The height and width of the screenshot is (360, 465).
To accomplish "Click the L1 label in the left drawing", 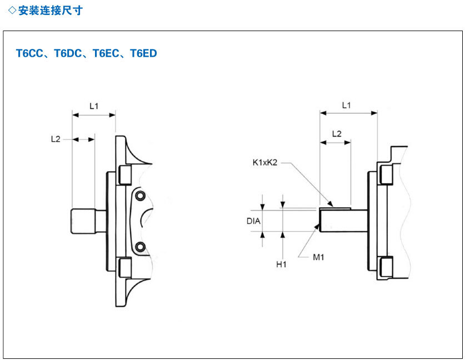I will pos(93,106).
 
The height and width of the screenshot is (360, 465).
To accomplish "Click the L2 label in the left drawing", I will pos(56,139).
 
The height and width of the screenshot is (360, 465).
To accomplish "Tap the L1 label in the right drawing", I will pos(347,104).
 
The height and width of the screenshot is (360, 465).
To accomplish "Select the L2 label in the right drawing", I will pos(336,134).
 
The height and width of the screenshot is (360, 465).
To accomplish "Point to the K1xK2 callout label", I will pos(264,162).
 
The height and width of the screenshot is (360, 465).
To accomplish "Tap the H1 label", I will pos(281,264).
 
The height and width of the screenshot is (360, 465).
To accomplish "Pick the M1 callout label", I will pos(318,257).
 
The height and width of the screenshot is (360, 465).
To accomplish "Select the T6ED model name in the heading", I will pos(143,54).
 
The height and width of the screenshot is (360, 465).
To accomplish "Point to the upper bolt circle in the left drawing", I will pos(141,196).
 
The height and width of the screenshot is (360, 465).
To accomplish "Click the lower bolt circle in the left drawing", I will pos(141,246).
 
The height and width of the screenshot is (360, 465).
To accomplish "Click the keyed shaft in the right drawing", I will pos(341,221).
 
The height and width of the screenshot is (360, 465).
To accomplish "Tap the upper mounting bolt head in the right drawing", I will pos(385,174).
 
